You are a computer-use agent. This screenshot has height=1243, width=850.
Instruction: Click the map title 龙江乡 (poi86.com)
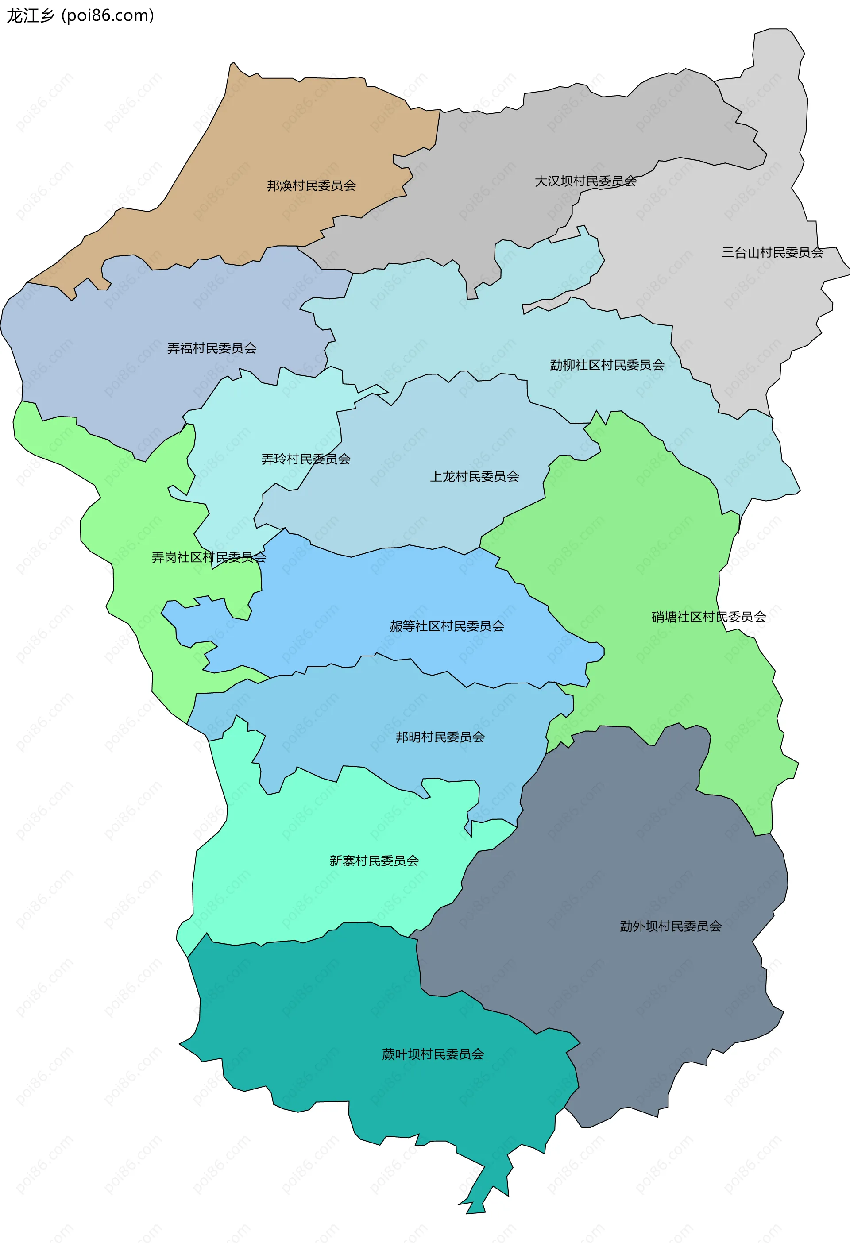coord(80,16)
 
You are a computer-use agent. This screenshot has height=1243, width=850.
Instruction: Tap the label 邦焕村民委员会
coord(311,185)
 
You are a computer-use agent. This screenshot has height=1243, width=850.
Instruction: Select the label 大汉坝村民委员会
coord(585,181)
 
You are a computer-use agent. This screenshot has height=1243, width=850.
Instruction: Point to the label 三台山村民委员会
coord(772,252)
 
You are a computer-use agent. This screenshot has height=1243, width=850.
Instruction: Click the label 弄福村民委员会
coord(212,348)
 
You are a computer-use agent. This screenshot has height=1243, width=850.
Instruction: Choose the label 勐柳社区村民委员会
coord(607,365)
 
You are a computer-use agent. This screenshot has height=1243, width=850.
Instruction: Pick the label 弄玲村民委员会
coord(305,459)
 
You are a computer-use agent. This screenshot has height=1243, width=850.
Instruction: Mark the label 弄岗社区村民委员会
coord(209,557)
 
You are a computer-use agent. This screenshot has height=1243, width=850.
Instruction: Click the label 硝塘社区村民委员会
coord(709,617)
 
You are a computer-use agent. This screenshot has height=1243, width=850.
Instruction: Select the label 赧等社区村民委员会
coord(447,626)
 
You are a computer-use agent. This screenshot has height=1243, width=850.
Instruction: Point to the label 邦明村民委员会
coord(440,737)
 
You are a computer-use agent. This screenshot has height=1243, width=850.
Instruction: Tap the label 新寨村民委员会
coord(374,861)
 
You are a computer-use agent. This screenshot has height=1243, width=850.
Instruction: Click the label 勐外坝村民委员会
coord(671,926)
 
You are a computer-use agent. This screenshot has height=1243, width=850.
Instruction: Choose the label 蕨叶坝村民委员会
coord(433,1054)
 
